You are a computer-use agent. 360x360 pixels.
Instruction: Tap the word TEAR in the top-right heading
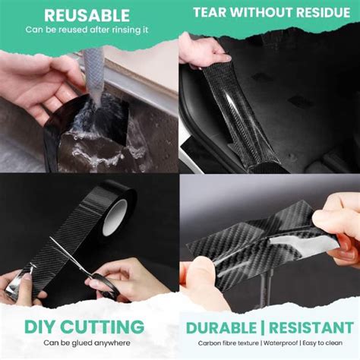212,13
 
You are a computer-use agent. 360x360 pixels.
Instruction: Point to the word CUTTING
106,328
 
